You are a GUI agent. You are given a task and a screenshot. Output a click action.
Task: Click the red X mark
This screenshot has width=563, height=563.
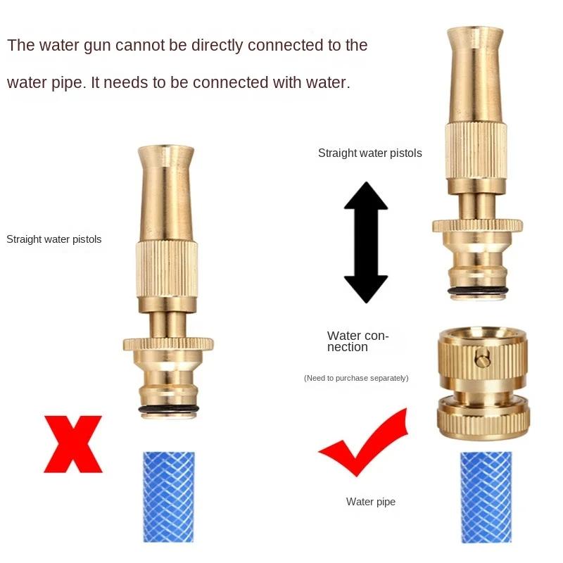[x=73, y=443]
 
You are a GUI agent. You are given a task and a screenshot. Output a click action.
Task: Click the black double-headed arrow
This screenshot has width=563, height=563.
[x=365, y=242]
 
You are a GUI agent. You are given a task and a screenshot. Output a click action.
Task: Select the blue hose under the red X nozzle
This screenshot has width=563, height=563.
[x=167, y=497]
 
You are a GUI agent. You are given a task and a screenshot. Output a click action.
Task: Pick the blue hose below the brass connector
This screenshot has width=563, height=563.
[x=485, y=497]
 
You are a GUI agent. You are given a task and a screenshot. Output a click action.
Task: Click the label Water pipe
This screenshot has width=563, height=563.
[x=371, y=502]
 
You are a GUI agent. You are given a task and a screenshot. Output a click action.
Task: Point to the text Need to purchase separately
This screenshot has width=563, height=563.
[x=356, y=378]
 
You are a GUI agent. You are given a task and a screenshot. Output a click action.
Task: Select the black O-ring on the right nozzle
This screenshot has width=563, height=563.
[x=476, y=291]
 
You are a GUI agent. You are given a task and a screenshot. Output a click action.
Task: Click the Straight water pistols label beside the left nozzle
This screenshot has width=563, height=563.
[x=54, y=239]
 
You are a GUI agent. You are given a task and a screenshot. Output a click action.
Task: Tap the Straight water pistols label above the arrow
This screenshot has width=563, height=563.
[x=370, y=153]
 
